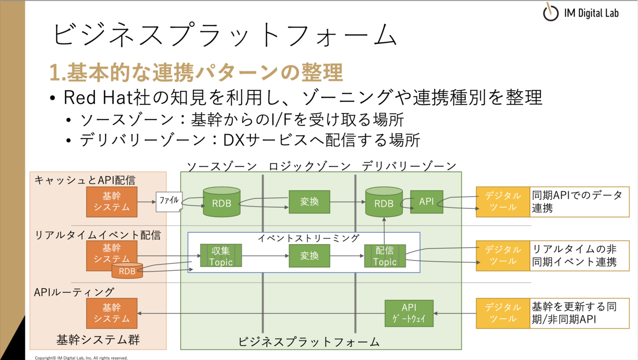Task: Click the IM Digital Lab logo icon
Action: click(x=550, y=12)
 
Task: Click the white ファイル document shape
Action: click(x=169, y=201)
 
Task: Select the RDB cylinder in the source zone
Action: click(x=222, y=201)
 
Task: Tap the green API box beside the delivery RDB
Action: click(x=426, y=201)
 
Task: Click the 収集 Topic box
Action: click(x=221, y=255)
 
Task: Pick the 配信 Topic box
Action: click(x=385, y=256)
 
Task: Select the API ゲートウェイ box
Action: click(x=409, y=313)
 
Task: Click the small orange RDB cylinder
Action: click(x=127, y=270)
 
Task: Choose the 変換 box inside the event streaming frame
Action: click(x=310, y=255)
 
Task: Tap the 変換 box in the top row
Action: click(x=310, y=201)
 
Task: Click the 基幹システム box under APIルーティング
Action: click(x=112, y=313)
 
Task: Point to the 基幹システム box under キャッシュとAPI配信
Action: click(x=112, y=201)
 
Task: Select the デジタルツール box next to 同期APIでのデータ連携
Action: click(x=503, y=201)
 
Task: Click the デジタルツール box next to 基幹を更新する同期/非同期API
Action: click(x=503, y=313)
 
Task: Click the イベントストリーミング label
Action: click(x=309, y=238)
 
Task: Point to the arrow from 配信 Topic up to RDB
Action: click(x=384, y=231)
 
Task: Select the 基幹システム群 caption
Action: click(x=98, y=340)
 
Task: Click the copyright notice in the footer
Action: click(x=81, y=358)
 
